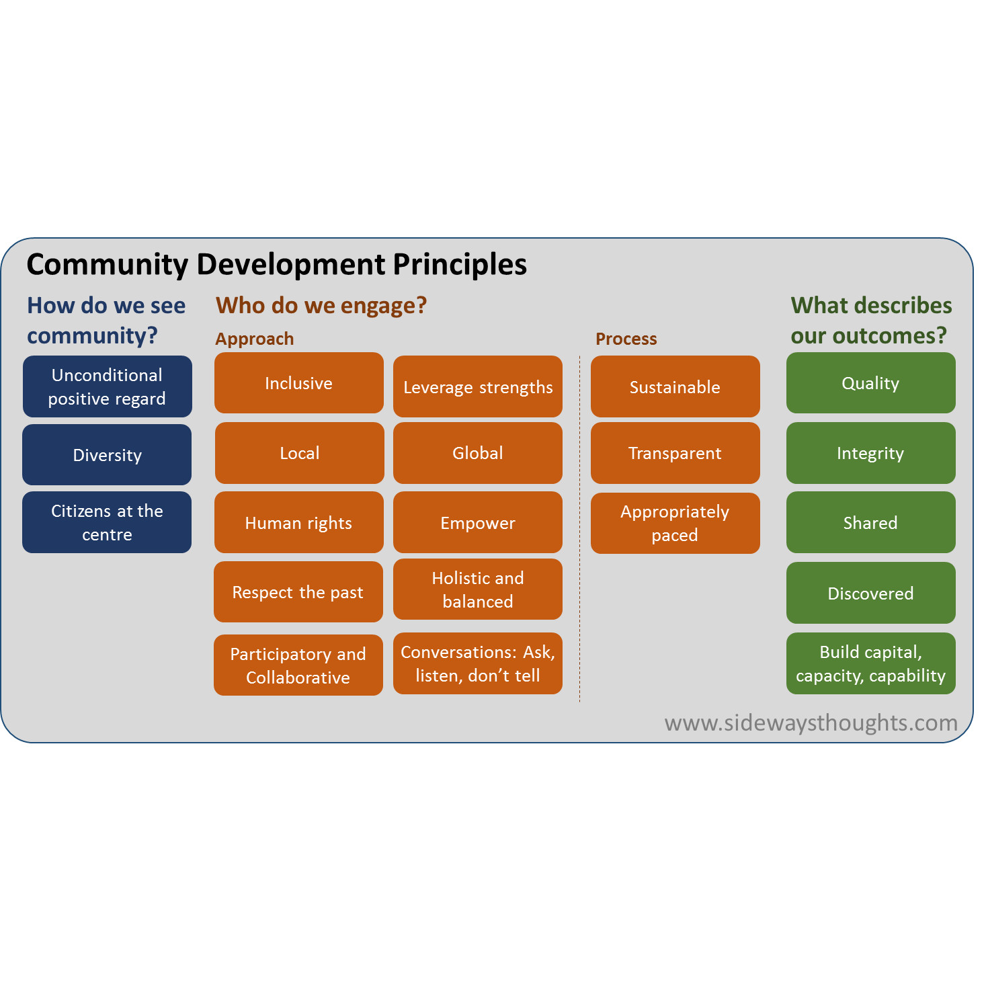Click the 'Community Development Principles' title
[276, 265]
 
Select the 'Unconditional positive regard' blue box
[108, 386]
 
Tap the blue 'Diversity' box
[107, 454]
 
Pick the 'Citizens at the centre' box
[107, 522]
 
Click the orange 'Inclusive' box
[299, 382]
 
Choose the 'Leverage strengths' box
[477, 386]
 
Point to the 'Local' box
[299, 453]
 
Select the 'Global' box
[477, 453]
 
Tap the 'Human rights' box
[299, 522]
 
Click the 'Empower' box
[477, 522]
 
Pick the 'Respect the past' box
[298, 591]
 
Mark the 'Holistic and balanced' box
[477, 589]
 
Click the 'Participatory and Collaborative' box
[298, 665]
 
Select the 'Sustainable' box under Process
[675, 386]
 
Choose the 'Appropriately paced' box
[675, 523]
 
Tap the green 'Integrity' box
[870, 453]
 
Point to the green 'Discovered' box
[870, 593]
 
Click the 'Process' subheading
[626, 339]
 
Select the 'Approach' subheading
[254, 339]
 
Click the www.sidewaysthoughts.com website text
[811, 723]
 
